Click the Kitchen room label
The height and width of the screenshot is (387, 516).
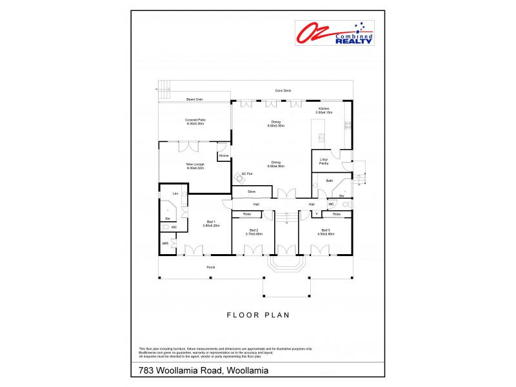pyautogui.click(x=323, y=108)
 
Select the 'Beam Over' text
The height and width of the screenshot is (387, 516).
pyautogui.click(x=195, y=99)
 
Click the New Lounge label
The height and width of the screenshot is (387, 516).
pyautogui.click(x=195, y=164)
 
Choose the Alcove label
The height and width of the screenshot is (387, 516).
pyautogui.click(x=224, y=155)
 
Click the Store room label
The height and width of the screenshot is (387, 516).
pyautogui.click(x=252, y=192)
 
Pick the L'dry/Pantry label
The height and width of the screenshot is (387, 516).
pyautogui.click(x=324, y=162)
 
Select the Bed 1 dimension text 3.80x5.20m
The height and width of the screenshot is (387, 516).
pyautogui.click(x=212, y=226)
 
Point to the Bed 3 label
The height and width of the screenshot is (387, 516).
pyautogui.click(x=326, y=230)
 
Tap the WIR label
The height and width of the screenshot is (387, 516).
pyautogui.click(x=165, y=244)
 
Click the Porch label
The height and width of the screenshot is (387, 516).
pyautogui.click(x=210, y=266)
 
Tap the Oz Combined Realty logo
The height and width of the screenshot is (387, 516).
pyautogui.click(x=335, y=32)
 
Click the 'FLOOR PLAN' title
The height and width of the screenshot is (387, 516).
pyautogui.click(x=257, y=315)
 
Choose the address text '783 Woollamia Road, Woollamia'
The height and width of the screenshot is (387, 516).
pyautogui.click(x=203, y=370)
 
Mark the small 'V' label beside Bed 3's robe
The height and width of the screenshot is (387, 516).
pyautogui.click(x=316, y=213)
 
